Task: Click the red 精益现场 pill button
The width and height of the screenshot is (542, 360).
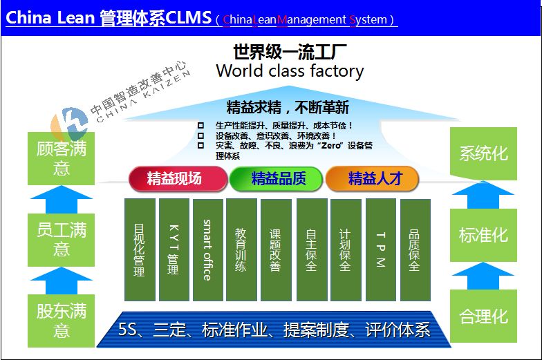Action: point(178,178)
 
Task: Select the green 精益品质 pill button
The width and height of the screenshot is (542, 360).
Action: point(276,178)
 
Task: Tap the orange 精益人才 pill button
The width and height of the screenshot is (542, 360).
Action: point(372,178)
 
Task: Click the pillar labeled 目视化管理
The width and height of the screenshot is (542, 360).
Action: point(140,249)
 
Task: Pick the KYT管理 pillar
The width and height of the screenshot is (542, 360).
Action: point(174,249)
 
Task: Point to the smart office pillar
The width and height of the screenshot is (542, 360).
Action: point(207,249)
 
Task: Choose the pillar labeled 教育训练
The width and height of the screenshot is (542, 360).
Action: point(241,249)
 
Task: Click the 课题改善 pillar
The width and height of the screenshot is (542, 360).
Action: point(276,249)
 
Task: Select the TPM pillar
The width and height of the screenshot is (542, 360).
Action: point(380,249)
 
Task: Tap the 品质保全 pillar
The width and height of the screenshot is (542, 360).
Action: point(415,249)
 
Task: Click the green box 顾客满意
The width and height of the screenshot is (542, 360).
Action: point(61,159)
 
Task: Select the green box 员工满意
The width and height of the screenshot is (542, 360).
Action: point(61,240)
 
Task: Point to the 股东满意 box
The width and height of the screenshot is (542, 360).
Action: point(61,321)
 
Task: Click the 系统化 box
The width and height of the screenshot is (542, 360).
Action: point(483,153)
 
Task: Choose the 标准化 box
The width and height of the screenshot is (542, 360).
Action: point(483,235)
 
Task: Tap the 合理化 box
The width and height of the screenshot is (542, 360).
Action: point(483,316)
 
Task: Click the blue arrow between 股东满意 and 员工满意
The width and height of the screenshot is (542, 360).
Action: point(62,281)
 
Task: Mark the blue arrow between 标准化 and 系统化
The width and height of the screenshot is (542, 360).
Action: point(483,195)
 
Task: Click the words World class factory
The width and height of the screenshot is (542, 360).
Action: point(290,71)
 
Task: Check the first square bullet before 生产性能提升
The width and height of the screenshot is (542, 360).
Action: point(200,126)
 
